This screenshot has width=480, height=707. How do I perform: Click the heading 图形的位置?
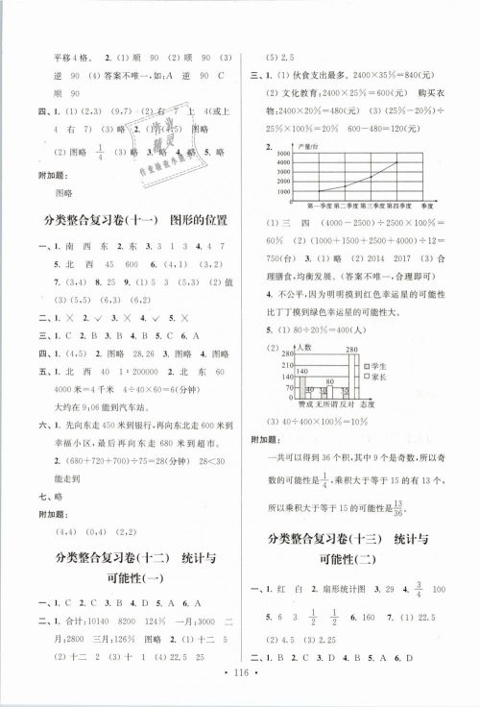(x=198, y=221)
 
